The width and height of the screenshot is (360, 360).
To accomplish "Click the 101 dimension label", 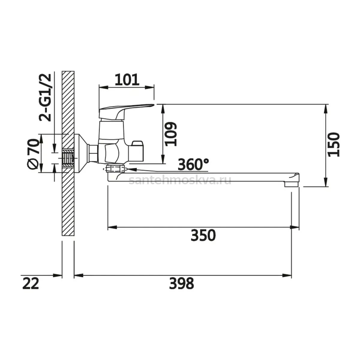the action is pos(127,80).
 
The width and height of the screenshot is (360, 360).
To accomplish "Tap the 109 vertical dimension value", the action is pos(171,134).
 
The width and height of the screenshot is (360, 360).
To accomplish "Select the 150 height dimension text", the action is pos(334,145).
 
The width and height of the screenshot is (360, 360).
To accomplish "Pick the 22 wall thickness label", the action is pos(31,283).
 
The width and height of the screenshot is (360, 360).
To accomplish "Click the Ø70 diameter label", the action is pos(34,154).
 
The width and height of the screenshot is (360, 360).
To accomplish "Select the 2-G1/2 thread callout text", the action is pos(45,97).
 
